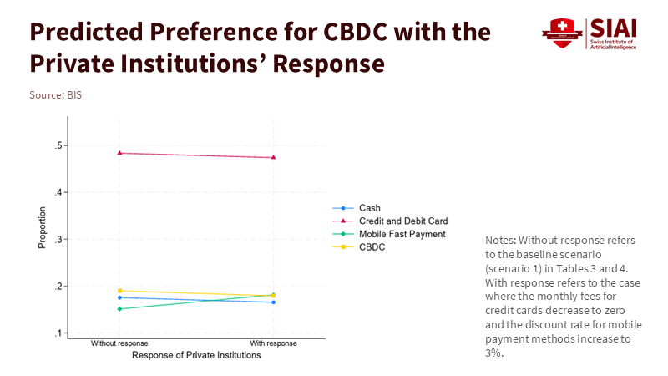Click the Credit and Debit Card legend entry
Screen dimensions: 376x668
click(x=403, y=221)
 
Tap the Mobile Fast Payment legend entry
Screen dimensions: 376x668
click(x=402, y=234)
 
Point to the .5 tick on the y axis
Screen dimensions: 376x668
click(x=58, y=146)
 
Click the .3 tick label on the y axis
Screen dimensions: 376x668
click(x=58, y=240)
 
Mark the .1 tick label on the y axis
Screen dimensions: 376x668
click(x=58, y=333)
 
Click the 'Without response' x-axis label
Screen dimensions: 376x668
click(x=119, y=343)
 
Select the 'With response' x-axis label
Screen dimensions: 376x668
click(x=273, y=343)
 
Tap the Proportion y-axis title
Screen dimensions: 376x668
click(x=42, y=227)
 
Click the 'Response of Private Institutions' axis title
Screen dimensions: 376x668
click(x=196, y=355)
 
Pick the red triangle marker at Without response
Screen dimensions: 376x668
click(x=120, y=153)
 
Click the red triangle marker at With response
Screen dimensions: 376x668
click(x=273, y=157)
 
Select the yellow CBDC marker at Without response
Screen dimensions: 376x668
click(x=120, y=291)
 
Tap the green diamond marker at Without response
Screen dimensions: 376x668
click(x=120, y=309)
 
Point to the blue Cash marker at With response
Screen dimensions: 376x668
click(x=273, y=302)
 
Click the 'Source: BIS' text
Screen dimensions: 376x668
click(x=55, y=95)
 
